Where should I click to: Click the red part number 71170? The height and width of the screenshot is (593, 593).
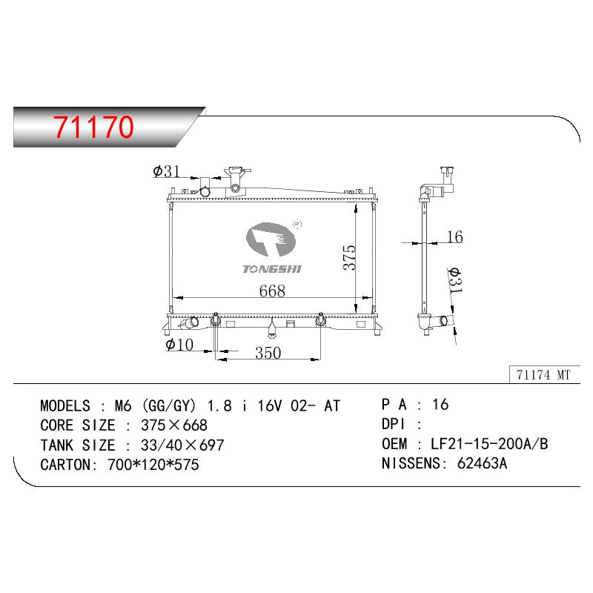point(93,126)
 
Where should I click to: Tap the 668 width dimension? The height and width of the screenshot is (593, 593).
point(272,291)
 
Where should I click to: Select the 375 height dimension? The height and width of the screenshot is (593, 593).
point(350,257)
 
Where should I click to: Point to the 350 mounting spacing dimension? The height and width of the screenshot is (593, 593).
point(268,353)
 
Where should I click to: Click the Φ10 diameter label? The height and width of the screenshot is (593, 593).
point(179,345)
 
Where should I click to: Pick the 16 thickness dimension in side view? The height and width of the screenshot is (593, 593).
point(455,236)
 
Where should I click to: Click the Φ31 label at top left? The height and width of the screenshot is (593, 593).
point(166,171)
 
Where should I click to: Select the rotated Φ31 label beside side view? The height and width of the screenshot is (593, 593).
point(454,280)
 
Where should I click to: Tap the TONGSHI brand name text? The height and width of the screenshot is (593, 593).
point(272,269)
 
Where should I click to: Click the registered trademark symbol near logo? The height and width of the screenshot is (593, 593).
point(297,225)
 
